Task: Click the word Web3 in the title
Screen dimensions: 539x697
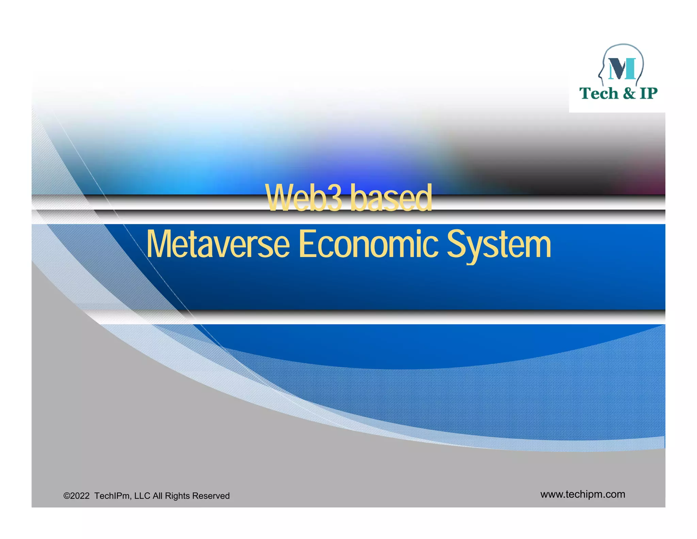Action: click(x=304, y=198)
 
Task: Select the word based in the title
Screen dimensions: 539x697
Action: click(x=391, y=198)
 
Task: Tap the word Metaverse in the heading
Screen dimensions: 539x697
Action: click(x=218, y=244)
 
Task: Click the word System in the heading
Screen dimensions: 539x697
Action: click(x=499, y=245)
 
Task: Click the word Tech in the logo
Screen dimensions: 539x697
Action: click(x=599, y=93)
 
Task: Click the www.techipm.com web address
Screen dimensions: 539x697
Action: click(x=583, y=494)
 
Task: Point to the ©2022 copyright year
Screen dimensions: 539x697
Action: click(x=77, y=496)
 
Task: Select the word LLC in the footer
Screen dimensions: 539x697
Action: click(x=142, y=496)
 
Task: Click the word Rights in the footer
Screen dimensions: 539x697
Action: click(x=176, y=496)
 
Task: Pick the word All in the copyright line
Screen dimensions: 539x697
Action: click(x=157, y=496)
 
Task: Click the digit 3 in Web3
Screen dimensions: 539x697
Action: click(x=335, y=198)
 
